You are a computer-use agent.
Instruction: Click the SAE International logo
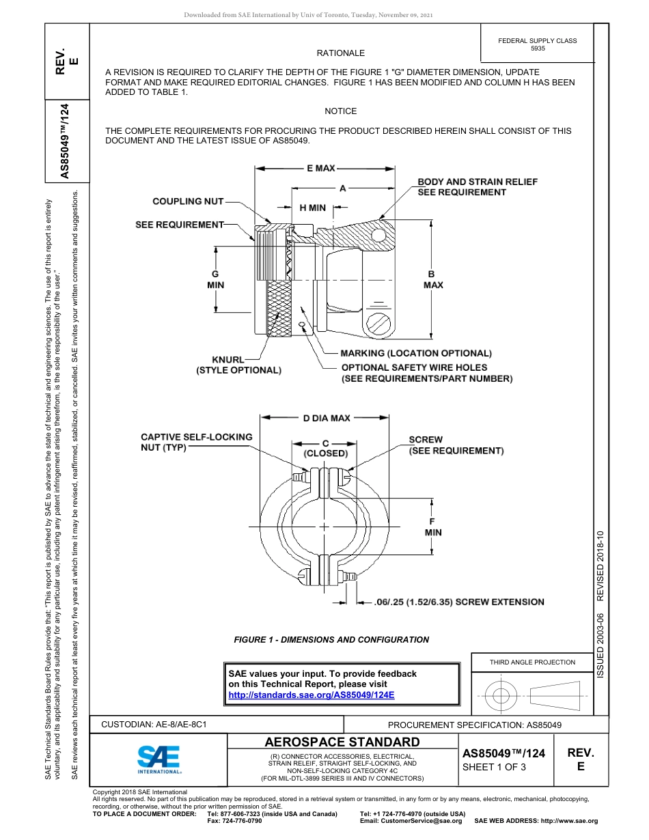(158, 759)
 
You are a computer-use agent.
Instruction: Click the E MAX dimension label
(320, 167)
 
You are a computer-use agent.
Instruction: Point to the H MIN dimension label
(313, 208)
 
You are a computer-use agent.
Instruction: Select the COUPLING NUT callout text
(188, 201)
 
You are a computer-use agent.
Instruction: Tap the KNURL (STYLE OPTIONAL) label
(238, 365)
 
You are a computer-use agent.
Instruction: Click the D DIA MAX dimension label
(327, 418)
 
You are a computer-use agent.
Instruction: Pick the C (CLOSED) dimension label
(325, 448)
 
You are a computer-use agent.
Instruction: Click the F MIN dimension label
(433, 527)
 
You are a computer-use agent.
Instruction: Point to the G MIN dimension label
(215, 279)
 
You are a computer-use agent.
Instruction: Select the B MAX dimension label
(433, 279)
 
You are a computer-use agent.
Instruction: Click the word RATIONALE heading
(340, 53)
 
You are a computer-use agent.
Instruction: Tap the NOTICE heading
(340, 111)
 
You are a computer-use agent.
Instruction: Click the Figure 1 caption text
(331, 640)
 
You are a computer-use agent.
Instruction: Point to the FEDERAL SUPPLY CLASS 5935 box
(537, 44)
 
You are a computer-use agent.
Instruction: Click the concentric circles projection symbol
(501, 697)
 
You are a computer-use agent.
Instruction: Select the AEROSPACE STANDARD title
(342, 742)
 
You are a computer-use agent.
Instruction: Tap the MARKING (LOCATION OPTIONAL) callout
(416, 353)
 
